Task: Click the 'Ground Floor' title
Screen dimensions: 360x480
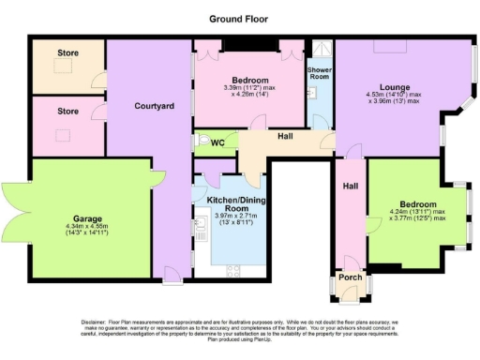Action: point(239,18)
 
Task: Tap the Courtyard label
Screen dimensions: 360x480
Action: point(153,107)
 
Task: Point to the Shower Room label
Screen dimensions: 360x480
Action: point(320,74)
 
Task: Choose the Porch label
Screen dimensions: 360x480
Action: point(350,277)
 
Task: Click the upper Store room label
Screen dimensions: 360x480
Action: point(67,53)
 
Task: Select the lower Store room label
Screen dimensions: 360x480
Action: point(67,111)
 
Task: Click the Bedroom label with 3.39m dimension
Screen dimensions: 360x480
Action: point(246,80)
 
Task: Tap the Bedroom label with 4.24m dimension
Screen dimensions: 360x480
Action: point(417,204)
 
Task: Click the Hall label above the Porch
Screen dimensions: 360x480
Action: point(350,187)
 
